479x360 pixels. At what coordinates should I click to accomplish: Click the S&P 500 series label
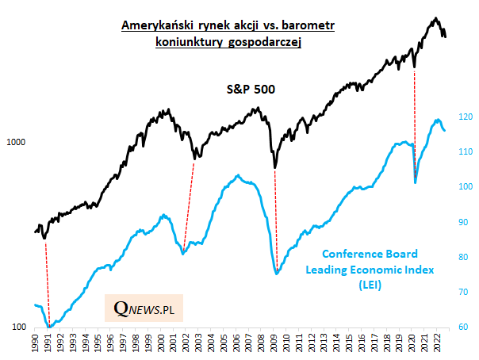tap(247, 90)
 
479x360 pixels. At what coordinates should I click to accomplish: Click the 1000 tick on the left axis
tap(17, 143)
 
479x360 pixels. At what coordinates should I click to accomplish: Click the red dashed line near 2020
tap(415, 119)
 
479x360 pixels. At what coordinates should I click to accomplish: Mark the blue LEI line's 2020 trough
tap(416, 183)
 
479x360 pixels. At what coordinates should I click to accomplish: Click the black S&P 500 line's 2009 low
tap(274, 167)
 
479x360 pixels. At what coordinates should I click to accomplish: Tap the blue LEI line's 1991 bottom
tap(48, 326)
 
